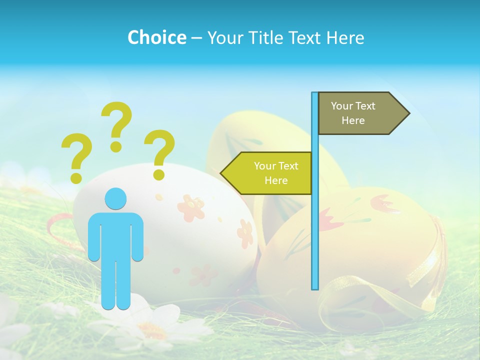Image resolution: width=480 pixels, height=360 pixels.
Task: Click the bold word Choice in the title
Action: coord(156,37)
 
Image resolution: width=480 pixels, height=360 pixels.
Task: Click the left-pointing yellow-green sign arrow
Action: coord(267,173)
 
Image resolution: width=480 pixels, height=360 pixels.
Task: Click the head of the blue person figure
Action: coord(115,198)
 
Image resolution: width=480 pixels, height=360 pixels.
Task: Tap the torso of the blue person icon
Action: coord(116,235)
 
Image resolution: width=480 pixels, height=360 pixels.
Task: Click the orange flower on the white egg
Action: coord(190,207)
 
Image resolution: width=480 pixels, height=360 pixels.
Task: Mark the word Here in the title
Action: coord(344,37)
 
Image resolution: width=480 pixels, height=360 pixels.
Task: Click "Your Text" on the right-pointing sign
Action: coord(353,106)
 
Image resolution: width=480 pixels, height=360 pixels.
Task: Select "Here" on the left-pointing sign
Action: coord(276,180)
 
